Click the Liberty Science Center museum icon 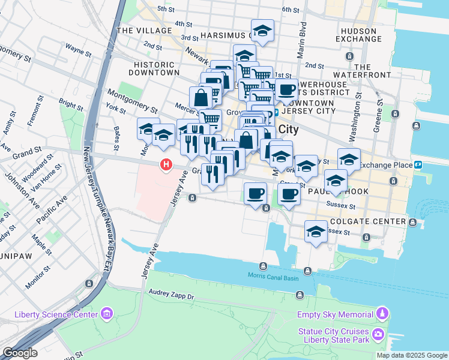click(107, 314)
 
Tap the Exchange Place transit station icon click(418, 164)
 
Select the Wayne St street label click(78, 49)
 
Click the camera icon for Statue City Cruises click(378, 333)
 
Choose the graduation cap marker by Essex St click(316, 231)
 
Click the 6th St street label click(290, 10)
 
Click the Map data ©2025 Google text click(412, 355)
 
